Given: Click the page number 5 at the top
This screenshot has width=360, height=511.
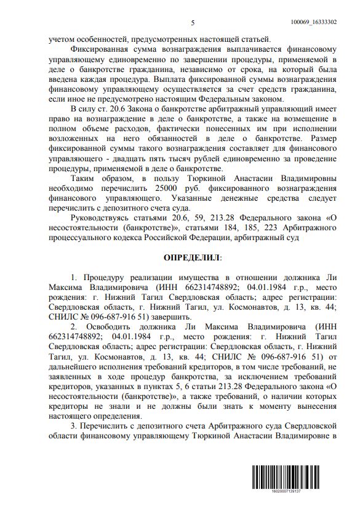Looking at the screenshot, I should click(193, 23).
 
